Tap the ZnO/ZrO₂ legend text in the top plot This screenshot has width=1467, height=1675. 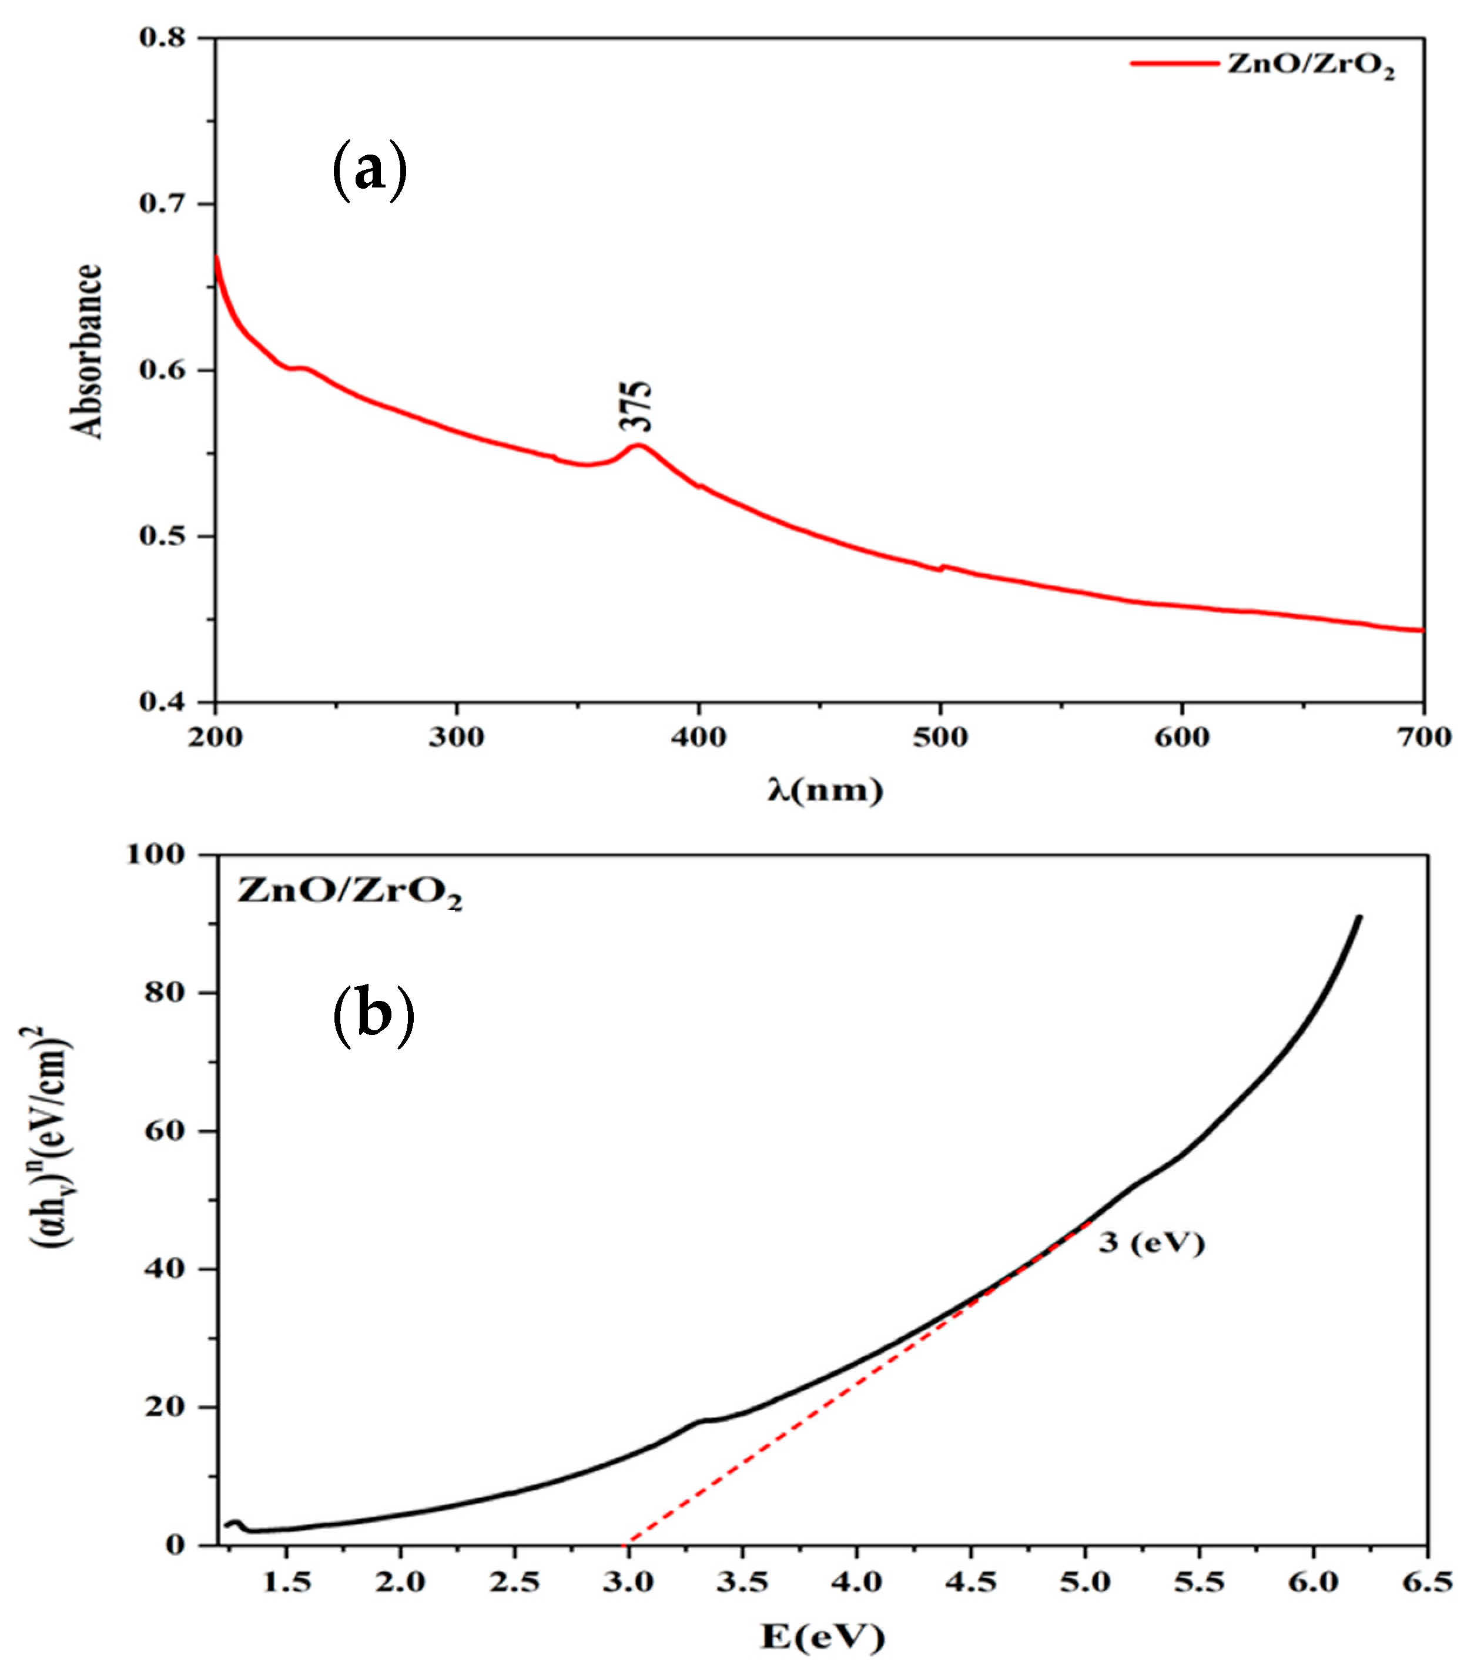pos(1310,66)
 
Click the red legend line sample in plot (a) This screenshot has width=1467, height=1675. pos(1174,63)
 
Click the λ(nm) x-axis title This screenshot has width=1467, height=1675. pos(825,790)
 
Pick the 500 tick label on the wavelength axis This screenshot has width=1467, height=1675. pos(940,738)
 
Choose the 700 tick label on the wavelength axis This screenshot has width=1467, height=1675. pos(1423,738)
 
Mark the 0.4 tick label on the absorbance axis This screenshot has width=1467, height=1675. pos(165,702)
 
